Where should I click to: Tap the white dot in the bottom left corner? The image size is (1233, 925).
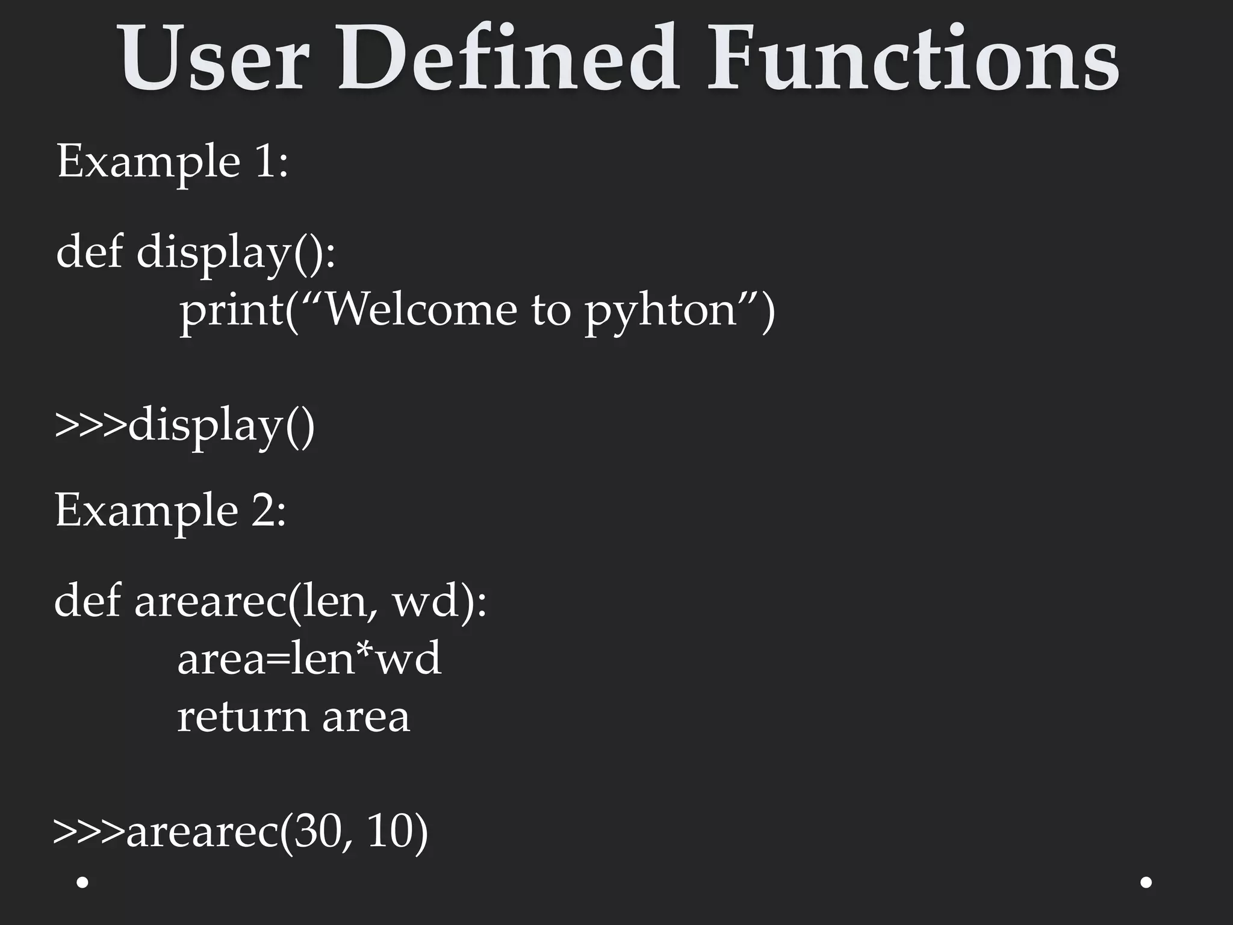pyautogui.click(x=83, y=882)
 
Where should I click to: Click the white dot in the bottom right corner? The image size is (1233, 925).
pyautogui.click(x=1146, y=882)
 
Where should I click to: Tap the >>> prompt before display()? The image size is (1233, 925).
pyautogui.click(x=91, y=425)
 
